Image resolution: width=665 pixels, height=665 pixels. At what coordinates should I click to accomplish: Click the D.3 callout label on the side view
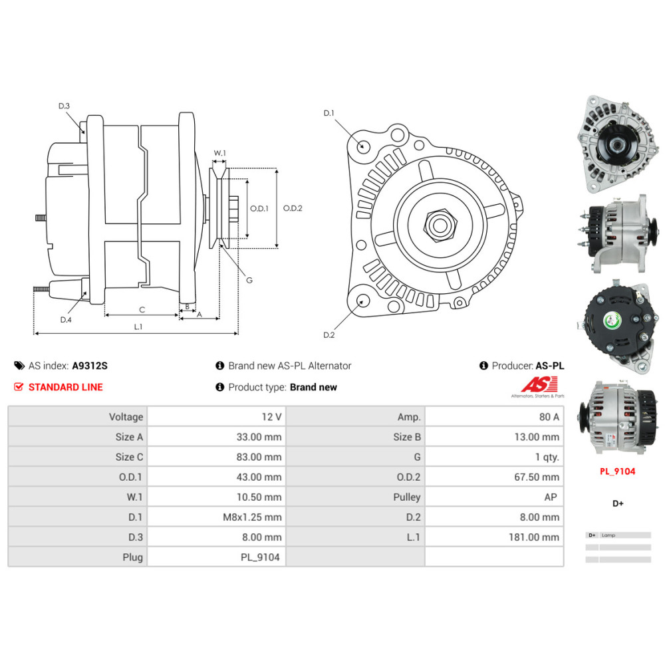64,106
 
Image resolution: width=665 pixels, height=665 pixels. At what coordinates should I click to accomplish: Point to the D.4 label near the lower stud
66,320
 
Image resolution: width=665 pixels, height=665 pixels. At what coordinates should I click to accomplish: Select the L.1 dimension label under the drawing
138,327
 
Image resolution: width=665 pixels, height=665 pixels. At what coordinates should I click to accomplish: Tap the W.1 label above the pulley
219,154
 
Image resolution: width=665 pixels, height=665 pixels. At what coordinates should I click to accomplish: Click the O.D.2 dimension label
293,208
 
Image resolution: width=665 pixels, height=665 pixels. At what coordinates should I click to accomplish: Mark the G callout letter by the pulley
249,280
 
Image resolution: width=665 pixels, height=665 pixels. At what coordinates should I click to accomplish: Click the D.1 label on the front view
329,114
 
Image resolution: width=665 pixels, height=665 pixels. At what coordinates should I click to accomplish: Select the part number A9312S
90,366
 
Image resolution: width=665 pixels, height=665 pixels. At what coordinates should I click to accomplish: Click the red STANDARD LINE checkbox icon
19,387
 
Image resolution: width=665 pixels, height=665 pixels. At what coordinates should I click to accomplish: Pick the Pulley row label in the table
406,497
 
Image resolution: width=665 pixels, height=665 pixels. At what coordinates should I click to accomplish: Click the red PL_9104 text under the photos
617,471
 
